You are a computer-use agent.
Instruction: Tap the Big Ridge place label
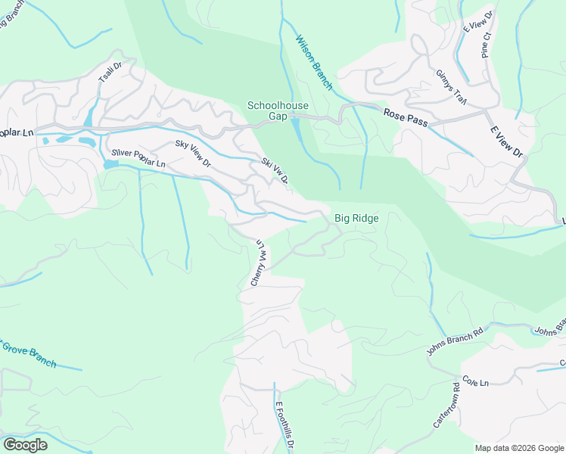click(x=356, y=218)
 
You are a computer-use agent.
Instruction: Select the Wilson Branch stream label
click(x=313, y=63)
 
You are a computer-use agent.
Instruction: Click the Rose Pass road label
click(x=406, y=114)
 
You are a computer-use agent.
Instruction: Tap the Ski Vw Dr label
click(x=275, y=171)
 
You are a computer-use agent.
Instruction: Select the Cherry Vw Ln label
click(x=258, y=263)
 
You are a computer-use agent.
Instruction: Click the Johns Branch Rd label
click(x=454, y=342)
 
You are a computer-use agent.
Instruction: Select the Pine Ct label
click(x=486, y=45)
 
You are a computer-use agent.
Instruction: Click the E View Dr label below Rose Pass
click(x=507, y=141)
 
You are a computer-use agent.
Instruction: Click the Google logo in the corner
click(x=25, y=445)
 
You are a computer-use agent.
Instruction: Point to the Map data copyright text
click(x=519, y=448)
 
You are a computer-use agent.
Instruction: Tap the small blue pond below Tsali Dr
click(x=91, y=116)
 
